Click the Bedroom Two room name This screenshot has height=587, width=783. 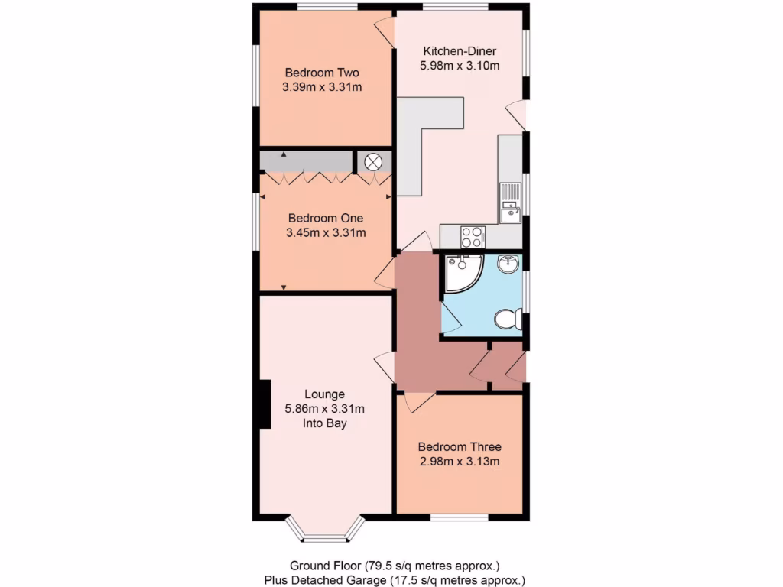coord(322,73)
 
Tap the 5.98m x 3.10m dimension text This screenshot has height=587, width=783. coord(460,66)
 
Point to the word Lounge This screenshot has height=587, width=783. coord(325,394)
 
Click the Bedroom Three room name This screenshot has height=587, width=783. coord(460,447)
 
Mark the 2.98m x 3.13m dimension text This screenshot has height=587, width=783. coord(460,462)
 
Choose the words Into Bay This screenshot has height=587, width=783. coord(325,423)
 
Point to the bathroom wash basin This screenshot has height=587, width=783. coord(508,265)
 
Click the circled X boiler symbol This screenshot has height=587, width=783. coord(373,162)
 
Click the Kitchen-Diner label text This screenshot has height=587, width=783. coord(460,51)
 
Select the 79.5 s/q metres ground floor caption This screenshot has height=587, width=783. coord(395,566)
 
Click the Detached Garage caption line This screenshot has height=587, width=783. coord(395,580)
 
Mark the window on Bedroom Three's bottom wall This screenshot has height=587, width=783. coord(459,517)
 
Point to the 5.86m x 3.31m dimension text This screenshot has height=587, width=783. coord(325,408)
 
